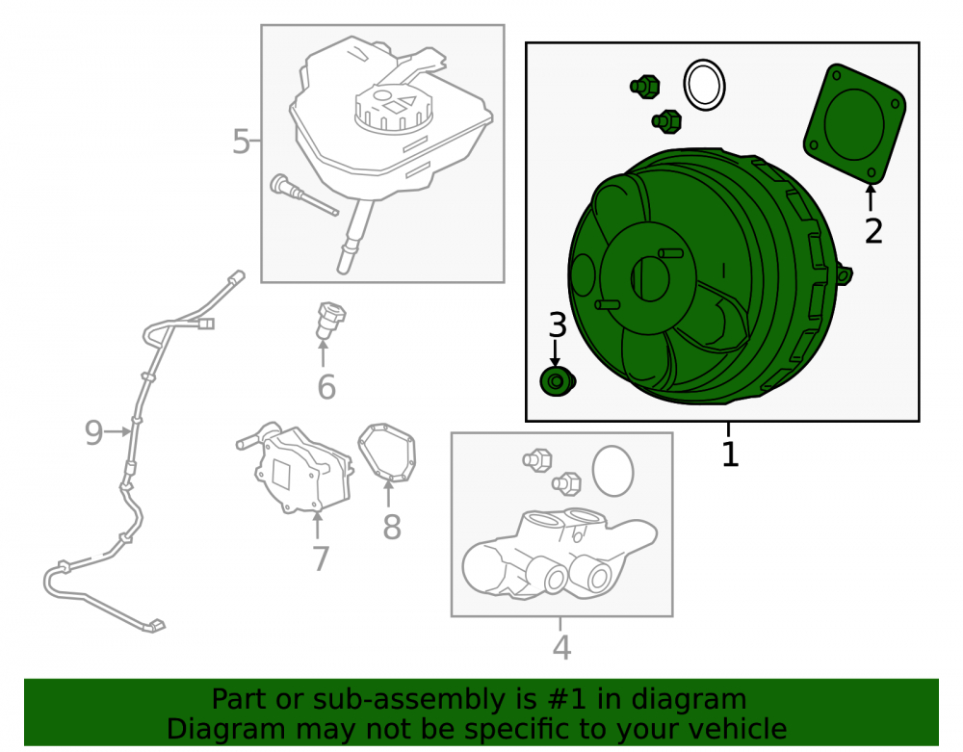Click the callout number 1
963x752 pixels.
729,454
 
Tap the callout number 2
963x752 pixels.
873,231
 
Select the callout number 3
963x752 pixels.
557,324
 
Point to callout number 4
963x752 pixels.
562,647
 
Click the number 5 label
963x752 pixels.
241,142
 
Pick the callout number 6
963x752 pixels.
326,387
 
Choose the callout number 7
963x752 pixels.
321,558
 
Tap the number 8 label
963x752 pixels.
392,527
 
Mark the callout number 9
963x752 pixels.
93,432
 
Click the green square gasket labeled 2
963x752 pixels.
854,123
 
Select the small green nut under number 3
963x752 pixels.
557,382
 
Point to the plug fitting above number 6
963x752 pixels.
330,320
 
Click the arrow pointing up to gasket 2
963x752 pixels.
871,197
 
